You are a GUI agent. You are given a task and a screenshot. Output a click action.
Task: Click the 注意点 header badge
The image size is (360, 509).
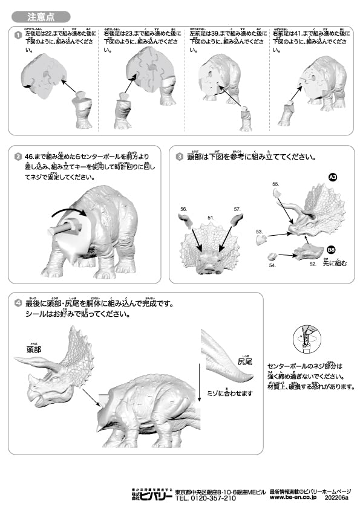[39, 16]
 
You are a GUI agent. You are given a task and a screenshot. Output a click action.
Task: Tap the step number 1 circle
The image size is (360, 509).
[18, 36]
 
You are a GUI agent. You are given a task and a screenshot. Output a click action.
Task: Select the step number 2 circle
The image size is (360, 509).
[18, 157]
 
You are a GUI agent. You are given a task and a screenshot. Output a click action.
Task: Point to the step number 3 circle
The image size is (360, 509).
[180, 157]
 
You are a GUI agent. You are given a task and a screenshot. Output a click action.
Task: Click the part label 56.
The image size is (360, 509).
[183, 209]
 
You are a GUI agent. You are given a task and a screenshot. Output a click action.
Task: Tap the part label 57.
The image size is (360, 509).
[237, 209]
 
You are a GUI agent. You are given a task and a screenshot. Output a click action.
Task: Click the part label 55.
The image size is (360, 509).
[275, 183]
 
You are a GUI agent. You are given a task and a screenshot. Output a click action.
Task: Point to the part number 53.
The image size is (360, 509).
[259, 232]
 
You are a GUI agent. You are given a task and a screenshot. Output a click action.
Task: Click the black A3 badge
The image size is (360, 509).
[332, 177]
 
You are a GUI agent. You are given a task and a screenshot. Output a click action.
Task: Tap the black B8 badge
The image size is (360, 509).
[330, 249]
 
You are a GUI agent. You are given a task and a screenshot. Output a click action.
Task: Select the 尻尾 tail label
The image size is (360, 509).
[244, 361]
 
